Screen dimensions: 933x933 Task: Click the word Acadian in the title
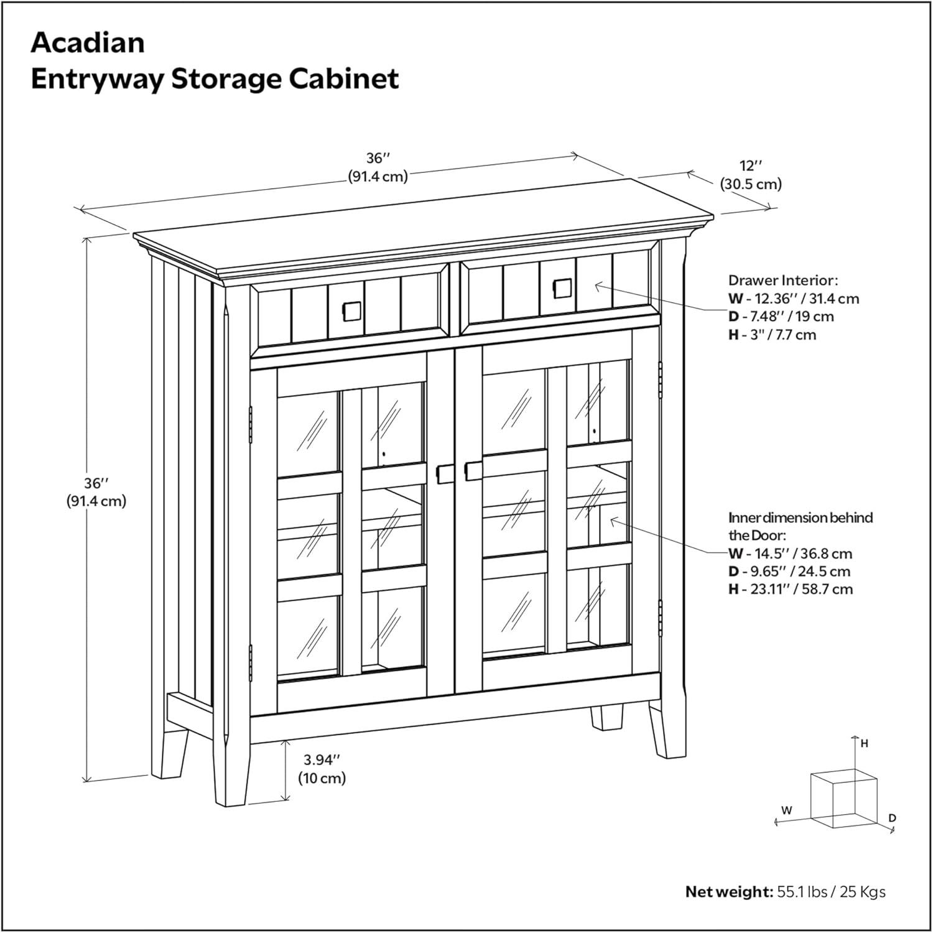[88, 43]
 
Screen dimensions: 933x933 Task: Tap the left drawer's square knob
[350, 311]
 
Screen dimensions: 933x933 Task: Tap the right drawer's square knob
[562, 289]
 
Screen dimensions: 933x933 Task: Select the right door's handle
[473, 470]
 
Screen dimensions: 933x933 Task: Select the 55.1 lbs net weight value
[802, 892]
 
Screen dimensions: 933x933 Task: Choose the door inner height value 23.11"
[772, 589]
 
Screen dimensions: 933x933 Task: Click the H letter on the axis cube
[865, 743]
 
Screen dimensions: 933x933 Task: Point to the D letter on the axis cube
[892, 818]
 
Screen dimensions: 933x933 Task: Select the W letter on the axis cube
[787, 810]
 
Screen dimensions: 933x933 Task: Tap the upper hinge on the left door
[251, 422]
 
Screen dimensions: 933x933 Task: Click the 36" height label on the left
[96, 492]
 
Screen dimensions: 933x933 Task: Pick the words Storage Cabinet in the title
[285, 80]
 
